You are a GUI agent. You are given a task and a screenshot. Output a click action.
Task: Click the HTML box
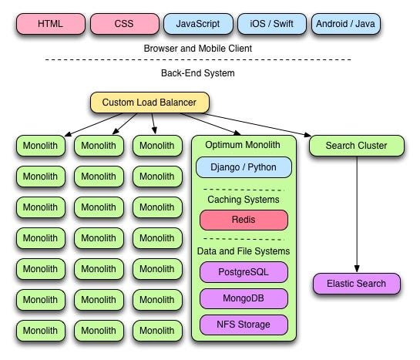(51, 24)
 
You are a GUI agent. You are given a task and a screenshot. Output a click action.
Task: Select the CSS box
(125, 24)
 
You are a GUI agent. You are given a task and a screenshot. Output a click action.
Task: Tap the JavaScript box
(198, 24)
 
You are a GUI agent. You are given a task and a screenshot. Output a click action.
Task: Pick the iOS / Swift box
(272, 24)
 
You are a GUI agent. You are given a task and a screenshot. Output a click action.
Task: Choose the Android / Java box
(346, 24)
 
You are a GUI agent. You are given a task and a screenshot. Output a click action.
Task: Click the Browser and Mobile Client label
(198, 49)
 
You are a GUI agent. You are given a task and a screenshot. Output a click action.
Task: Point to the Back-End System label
(198, 73)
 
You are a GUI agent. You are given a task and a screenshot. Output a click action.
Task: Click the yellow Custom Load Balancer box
(150, 103)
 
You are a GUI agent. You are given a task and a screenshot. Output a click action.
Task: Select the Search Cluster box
(357, 146)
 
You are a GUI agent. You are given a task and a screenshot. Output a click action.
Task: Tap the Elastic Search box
(357, 284)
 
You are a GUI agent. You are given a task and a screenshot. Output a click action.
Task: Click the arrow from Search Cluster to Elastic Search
(357, 214)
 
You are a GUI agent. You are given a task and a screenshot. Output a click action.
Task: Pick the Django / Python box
(244, 167)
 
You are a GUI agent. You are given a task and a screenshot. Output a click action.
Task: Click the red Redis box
(244, 220)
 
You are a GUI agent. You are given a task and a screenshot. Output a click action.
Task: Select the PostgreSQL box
(244, 272)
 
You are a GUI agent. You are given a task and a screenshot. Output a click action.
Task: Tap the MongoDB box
(244, 298)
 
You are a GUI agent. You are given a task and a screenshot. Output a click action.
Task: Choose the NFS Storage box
(244, 325)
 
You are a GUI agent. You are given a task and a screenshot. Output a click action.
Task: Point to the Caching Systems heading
(244, 200)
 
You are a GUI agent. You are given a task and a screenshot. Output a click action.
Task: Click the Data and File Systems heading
(244, 251)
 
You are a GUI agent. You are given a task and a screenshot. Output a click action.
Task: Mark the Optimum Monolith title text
(243, 145)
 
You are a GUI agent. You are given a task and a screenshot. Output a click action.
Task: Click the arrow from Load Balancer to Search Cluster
(257, 125)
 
